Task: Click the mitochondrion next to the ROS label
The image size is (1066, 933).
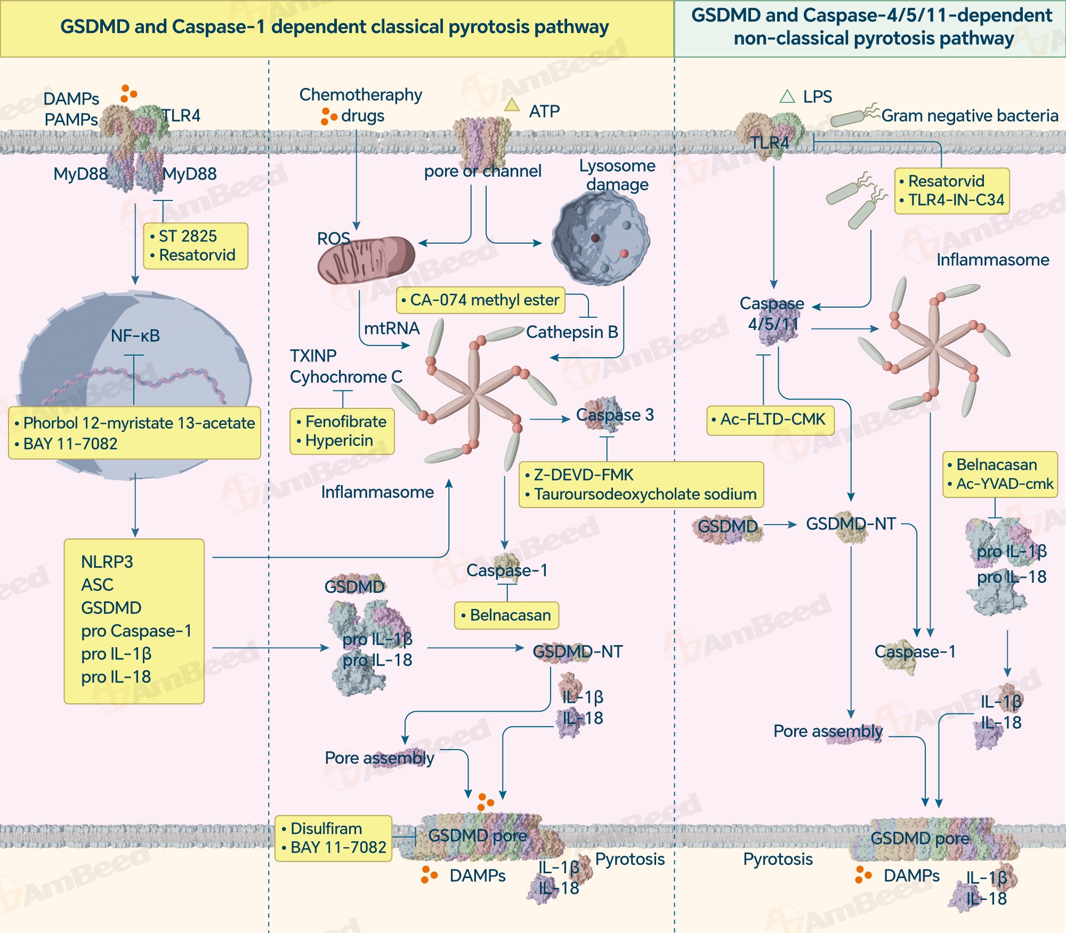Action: [366, 260]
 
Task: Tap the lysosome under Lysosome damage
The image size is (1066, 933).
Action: [601, 238]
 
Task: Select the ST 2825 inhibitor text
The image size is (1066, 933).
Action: [188, 236]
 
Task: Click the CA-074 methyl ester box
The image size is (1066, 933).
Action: [480, 300]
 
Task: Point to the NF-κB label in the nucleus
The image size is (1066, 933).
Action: [135, 336]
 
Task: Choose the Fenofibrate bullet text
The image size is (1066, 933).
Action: [345, 422]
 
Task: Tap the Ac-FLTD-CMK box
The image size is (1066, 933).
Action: [770, 420]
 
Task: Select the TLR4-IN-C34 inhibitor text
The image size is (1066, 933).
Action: [956, 200]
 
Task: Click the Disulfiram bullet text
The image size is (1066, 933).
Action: [326, 829]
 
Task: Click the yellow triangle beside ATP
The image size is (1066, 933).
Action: [512, 104]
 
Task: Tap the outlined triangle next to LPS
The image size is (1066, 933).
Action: [787, 96]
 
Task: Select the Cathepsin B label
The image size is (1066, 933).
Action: [572, 332]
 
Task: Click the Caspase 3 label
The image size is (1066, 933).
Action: [615, 415]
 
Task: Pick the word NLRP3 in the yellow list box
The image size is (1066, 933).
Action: [107, 562]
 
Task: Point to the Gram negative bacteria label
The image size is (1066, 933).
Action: [970, 116]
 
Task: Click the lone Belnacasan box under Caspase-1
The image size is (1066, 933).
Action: [506, 615]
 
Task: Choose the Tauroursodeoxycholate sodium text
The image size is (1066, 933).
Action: [645, 494]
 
